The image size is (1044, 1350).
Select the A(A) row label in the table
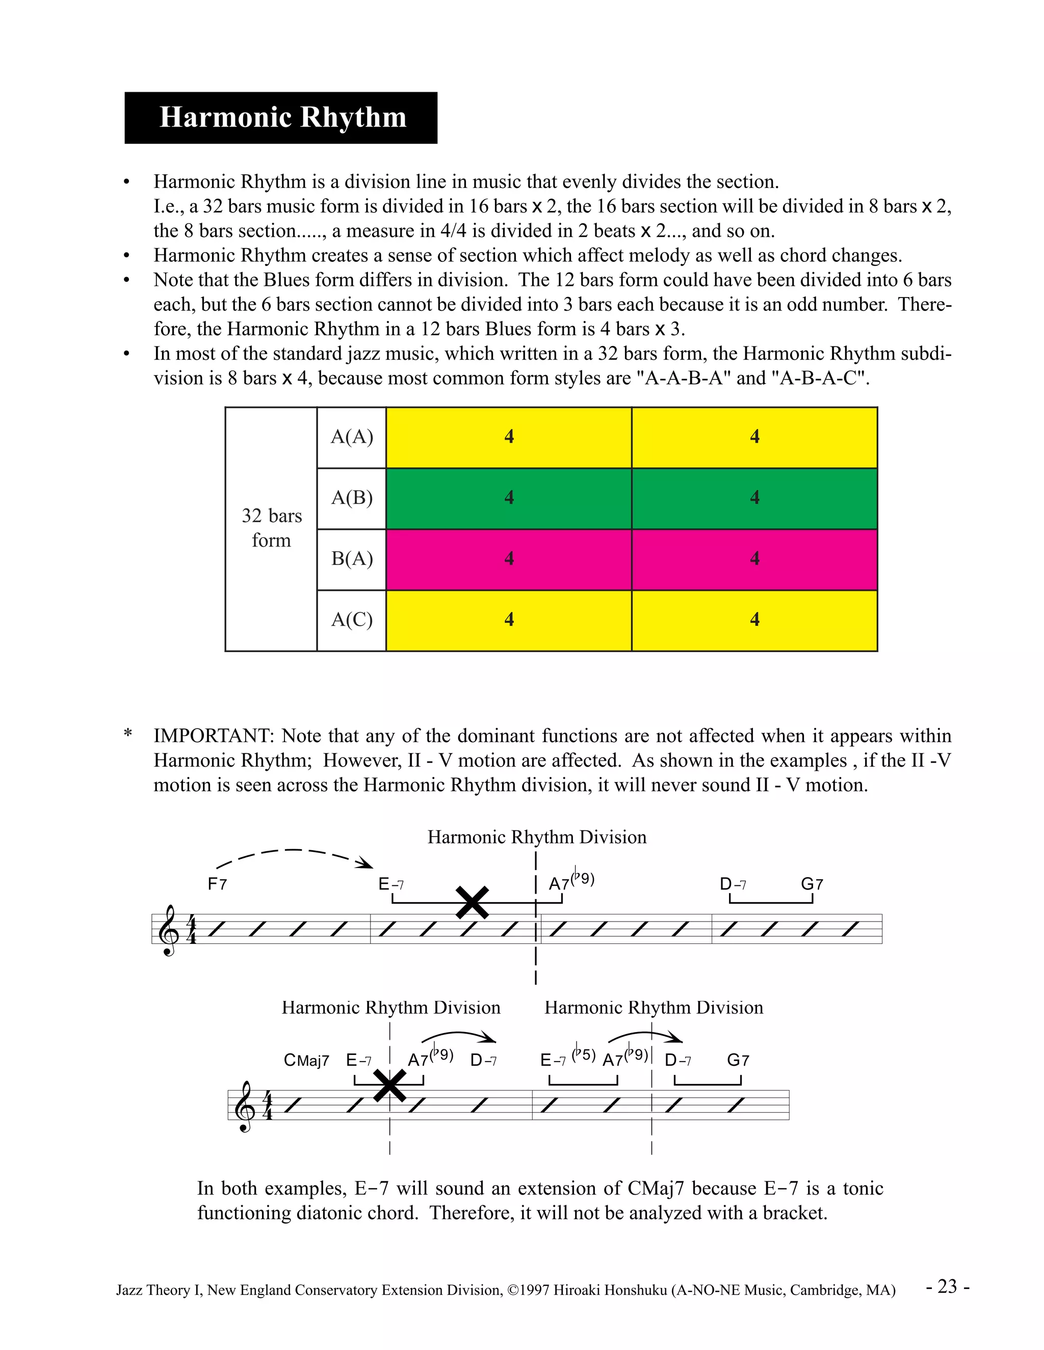(351, 437)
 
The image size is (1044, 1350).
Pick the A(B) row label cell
(351, 498)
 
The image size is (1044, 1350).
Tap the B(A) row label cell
(351, 559)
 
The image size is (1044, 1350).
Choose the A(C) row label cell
(351, 619)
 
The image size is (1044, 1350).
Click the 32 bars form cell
(272, 528)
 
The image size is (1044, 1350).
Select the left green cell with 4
(508, 498)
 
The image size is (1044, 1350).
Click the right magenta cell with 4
(754, 559)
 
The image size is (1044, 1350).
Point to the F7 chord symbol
(217, 884)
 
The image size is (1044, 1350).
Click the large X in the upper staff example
(472, 903)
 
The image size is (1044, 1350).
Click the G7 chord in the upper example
(812, 884)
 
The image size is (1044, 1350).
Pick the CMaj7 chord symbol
(306, 1060)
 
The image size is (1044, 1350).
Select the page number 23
(947, 1286)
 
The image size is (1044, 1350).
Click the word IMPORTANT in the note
(213, 736)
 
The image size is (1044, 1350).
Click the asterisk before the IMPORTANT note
(128, 734)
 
